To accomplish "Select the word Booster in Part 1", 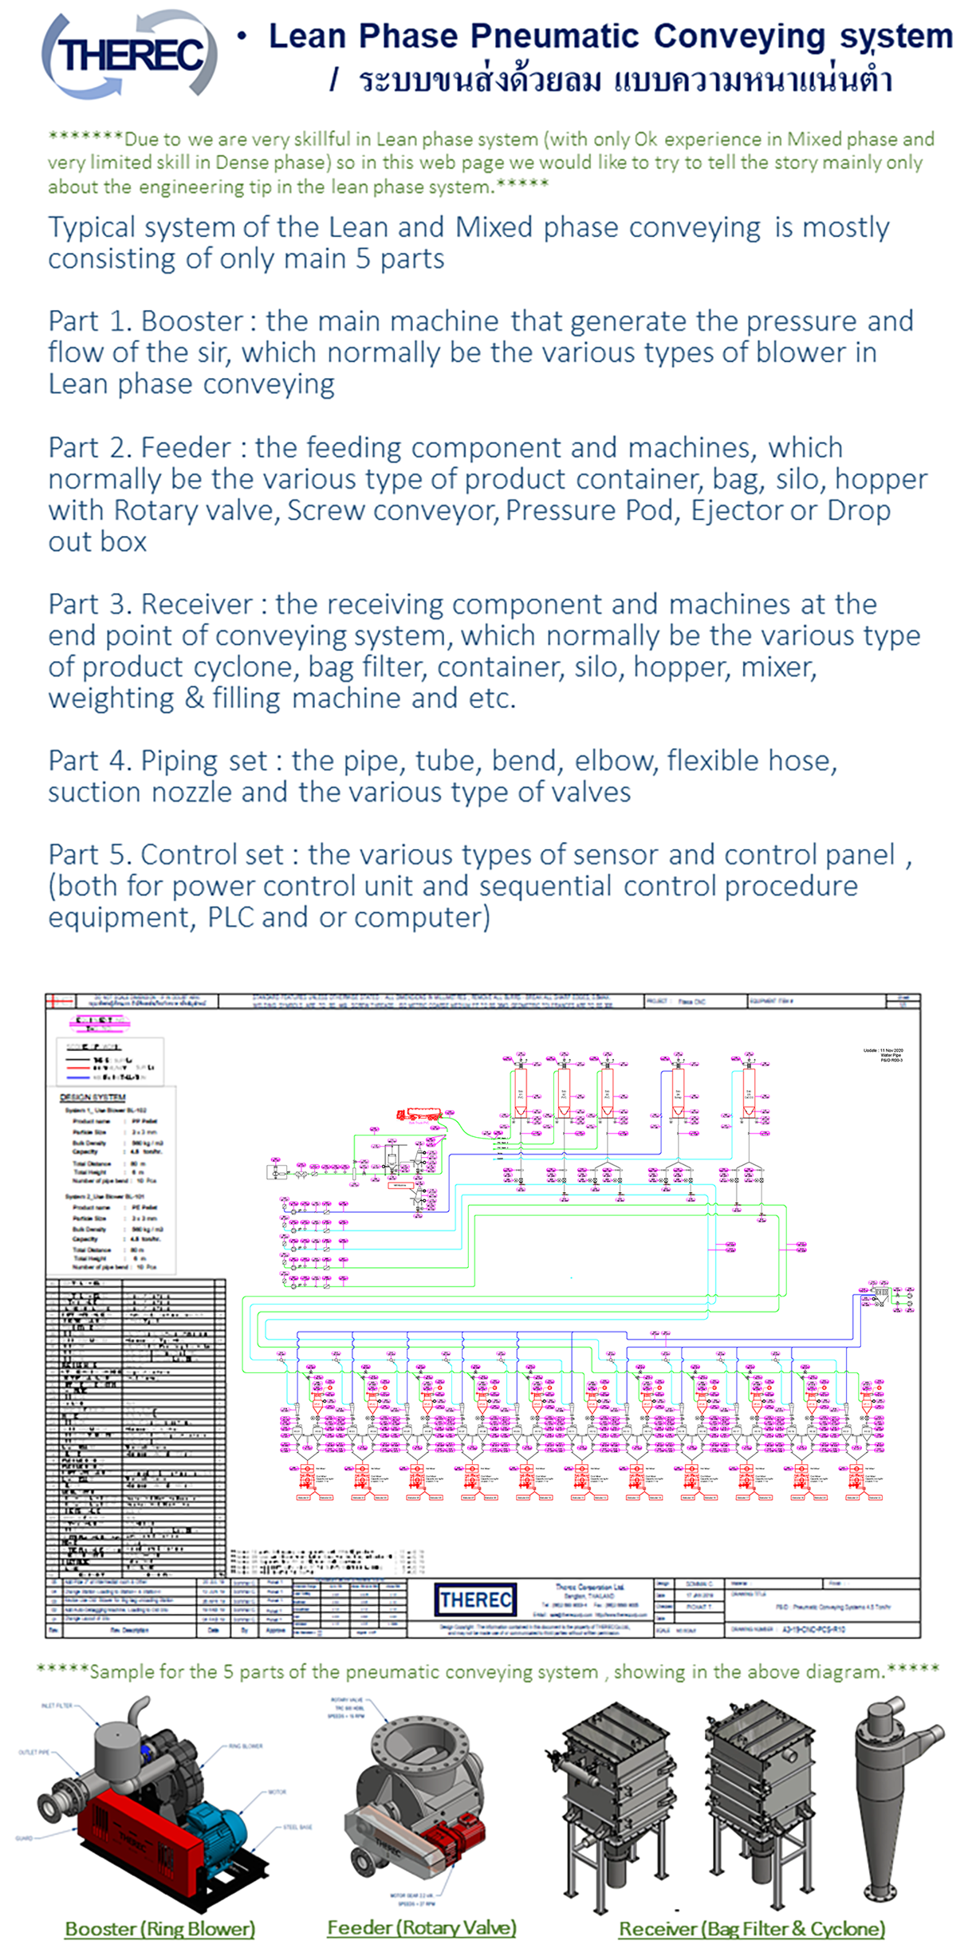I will point(191,321).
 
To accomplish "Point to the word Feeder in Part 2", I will point(186,448).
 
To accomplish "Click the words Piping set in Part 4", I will point(203,761).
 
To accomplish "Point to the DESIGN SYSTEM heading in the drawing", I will point(92,1098).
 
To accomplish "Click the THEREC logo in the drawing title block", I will point(475,1600).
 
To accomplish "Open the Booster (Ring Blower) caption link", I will point(159,1929).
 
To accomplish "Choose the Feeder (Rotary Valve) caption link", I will point(422,1928).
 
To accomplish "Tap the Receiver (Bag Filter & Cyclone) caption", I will point(752,1929).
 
